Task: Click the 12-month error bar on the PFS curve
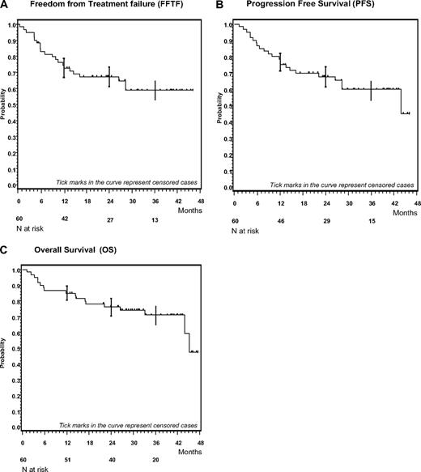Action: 280,62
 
